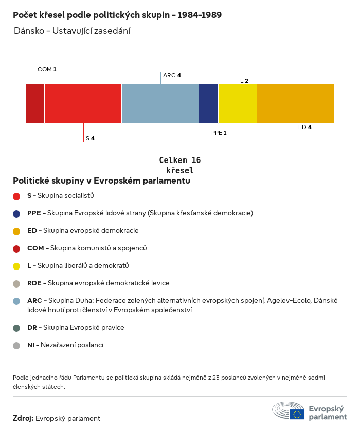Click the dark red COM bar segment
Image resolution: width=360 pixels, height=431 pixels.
pos(35,104)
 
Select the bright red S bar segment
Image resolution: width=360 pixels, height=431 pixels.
pos(83,104)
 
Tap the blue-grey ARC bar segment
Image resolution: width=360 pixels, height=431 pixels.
pos(160,104)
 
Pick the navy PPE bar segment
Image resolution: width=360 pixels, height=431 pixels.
pos(208,104)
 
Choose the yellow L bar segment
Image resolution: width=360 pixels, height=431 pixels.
pos(238,104)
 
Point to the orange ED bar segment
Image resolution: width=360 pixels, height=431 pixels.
pos(296,104)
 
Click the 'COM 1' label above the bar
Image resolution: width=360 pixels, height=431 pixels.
pos(47,69)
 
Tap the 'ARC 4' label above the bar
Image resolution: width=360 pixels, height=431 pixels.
pos(172,75)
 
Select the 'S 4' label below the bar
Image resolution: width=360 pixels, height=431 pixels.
pos(90,138)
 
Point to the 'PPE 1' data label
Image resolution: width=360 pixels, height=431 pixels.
pos(219,133)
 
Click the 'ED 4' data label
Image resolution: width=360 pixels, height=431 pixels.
pos(304,127)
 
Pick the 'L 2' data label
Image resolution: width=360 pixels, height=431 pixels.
pos(244,81)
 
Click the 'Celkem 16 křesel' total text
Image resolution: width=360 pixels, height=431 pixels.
pos(179,166)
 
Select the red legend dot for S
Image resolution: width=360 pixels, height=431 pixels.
pos(16,196)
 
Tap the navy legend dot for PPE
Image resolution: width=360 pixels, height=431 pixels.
pos(16,213)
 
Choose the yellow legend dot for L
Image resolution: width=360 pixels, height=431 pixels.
pos(16,266)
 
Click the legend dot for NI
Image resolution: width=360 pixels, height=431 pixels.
pos(16,345)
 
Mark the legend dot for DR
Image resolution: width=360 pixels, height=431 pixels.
pos(16,328)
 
